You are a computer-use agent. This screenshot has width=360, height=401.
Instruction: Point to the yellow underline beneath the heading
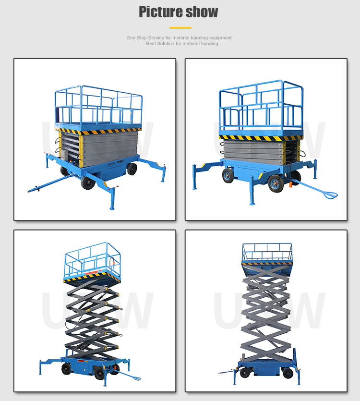point(180,28)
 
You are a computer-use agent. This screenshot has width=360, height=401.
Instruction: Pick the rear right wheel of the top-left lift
point(132,169)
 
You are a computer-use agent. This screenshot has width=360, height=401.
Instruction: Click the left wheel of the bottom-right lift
point(246,373)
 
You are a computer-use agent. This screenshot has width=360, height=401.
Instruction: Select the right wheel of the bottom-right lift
point(288,373)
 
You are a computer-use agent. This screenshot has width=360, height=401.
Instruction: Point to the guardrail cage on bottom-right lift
point(267,253)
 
